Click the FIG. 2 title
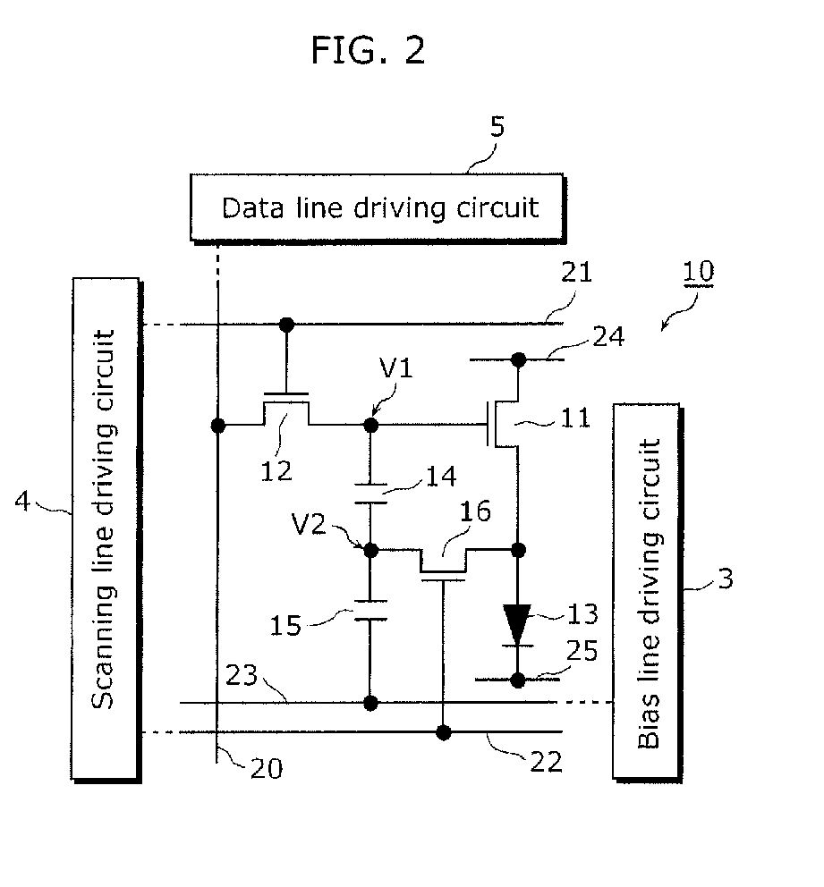pyautogui.click(x=368, y=50)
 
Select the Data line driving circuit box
pyautogui.click(x=378, y=208)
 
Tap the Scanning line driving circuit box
pyautogui.click(x=106, y=530)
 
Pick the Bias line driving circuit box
pyautogui.click(x=648, y=593)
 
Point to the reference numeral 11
pyautogui.click(x=575, y=418)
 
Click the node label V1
pyautogui.click(x=396, y=367)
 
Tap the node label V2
pyautogui.click(x=309, y=524)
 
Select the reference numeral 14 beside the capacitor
pyautogui.click(x=441, y=477)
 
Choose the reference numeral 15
pyautogui.click(x=285, y=626)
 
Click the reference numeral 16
pyautogui.click(x=475, y=511)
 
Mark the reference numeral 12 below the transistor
pyautogui.click(x=276, y=470)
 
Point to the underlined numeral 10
pyautogui.click(x=699, y=272)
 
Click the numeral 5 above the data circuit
pyautogui.click(x=497, y=127)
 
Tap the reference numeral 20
pyautogui.click(x=267, y=768)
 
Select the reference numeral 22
pyautogui.click(x=546, y=762)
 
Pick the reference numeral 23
pyautogui.click(x=242, y=675)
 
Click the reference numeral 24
pyautogui.click(x=608, y=337)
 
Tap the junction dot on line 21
pyautogui.click(x=287, y=325)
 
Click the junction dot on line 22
pyautogui.click(x=444, y=732)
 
